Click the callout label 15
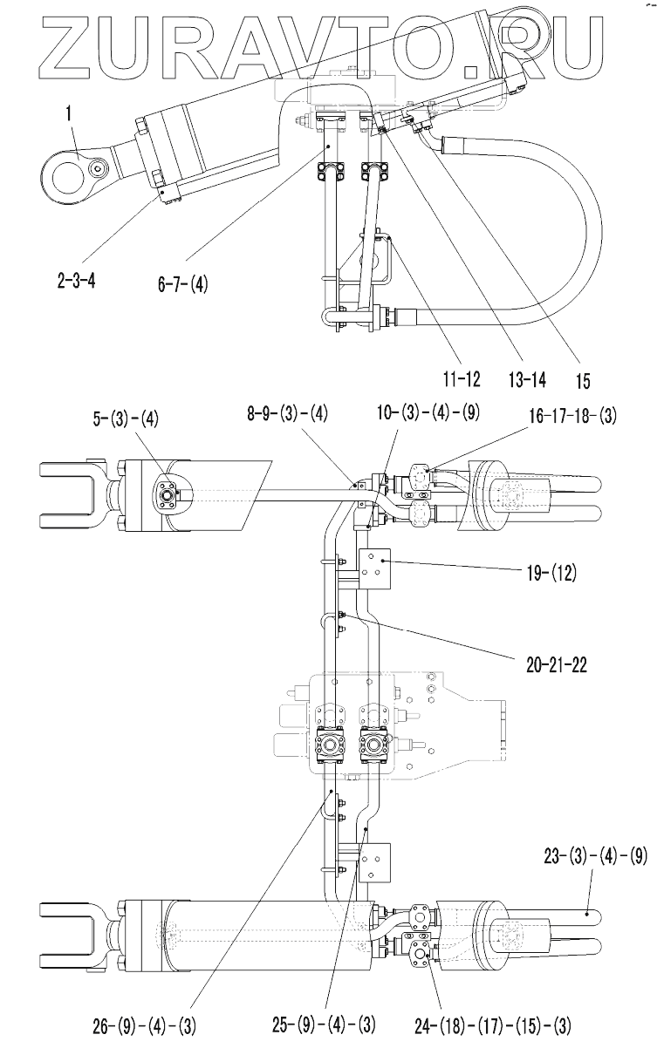point(582,380)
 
